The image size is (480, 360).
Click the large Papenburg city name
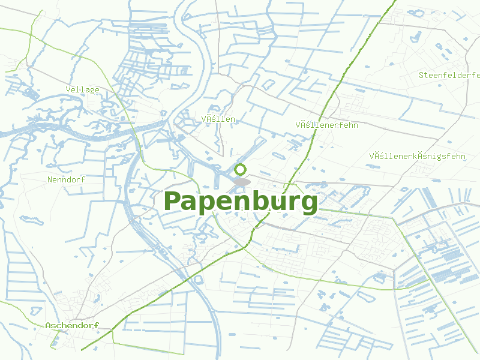(x=240, y=202)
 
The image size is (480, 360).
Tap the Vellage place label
(x=83, y=89)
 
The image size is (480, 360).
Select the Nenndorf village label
(x=67, y=179)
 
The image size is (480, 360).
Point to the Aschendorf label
(x=71, y=325)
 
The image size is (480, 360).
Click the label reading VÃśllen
(x=218, y=119)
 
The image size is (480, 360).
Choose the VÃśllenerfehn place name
(x=326, y=125)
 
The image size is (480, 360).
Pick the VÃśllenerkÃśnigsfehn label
(x=418, y=156)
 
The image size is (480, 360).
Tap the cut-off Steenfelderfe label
(x=449, y=75)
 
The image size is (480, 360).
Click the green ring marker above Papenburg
(x=241, y=170)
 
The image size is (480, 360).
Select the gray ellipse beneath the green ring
(x=242, y=181)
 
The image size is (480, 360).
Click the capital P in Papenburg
(x=173, y=202)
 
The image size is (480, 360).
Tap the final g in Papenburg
(x=308, y=205)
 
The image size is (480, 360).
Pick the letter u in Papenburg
(x=271, y=204)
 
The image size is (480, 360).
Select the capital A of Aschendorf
(x=49, y=325)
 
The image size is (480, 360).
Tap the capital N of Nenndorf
(x=50, y=179)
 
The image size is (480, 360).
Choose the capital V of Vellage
(x=68, y=89)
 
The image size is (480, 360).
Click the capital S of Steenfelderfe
(x=422, y=75)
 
